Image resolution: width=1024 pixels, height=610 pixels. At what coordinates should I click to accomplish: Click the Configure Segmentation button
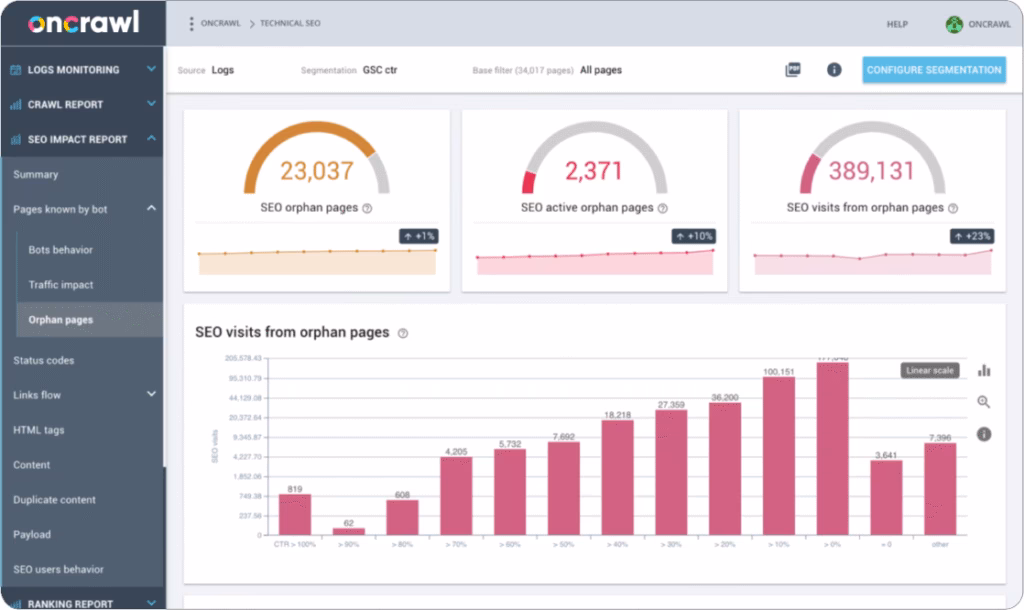coord(934,70)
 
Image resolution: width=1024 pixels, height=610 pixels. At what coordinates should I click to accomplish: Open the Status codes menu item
coord(44,360)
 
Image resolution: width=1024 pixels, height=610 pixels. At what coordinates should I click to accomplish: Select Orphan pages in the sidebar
coord(61,320)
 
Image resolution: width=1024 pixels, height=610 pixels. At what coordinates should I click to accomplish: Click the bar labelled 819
coord(295,514)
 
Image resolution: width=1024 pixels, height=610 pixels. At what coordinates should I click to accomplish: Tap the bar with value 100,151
coord(779,455)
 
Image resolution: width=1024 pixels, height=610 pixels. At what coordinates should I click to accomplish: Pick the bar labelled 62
coord(349,531)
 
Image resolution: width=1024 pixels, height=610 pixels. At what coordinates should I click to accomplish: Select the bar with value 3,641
coord(886,497)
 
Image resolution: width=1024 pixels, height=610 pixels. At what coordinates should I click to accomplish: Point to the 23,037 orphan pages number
coord(316,171)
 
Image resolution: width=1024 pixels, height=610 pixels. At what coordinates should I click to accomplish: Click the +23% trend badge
coord(972,236)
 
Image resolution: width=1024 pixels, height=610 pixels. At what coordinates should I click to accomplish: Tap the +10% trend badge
coord(694,236)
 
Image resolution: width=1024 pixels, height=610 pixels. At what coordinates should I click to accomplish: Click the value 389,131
coord(871,171)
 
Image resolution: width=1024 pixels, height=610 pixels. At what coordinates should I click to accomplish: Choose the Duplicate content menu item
coord(55,500)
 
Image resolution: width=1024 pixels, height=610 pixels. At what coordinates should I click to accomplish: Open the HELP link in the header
coord(897,24)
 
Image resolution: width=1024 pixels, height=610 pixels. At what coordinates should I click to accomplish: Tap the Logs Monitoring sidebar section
coord(74,70)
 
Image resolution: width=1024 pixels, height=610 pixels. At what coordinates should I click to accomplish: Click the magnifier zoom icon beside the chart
coord(984,402)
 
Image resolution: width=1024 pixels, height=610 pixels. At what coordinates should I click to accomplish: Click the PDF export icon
coord(793,70)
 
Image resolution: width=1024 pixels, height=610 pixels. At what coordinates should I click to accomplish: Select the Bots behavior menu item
coord(61,250)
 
